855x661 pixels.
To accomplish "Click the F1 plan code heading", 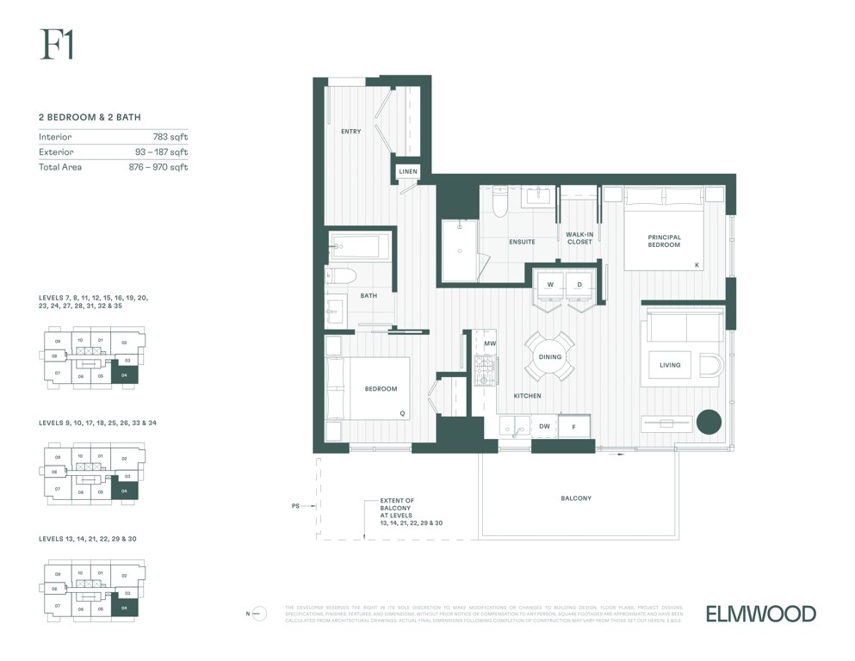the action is point(56,45).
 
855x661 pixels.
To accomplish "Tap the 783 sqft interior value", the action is point(170,137).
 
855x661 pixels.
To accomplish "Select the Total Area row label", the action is point(60,167).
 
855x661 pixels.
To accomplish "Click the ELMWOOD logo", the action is point(760,614).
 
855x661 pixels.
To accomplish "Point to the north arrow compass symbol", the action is point(259,614).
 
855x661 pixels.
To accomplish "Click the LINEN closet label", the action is point(408,171).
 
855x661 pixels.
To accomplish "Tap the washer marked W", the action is point(550,285).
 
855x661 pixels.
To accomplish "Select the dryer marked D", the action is point(579,285).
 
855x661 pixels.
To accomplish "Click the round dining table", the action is point(550,356).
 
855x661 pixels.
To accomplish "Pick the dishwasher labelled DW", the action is point(544,426).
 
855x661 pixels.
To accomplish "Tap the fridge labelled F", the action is point(573,427).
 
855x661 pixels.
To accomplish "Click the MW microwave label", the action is point(489,344).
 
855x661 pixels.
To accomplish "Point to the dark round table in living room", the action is point(709,422).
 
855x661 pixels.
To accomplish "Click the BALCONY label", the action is point(576,498).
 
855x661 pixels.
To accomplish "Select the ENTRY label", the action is point(350,132).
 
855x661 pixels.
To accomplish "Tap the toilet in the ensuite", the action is point(500,201).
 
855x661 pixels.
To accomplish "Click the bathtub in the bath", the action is point(359,246).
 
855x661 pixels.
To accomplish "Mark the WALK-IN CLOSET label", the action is point(579,238).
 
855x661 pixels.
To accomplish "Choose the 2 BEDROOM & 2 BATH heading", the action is point(90,117).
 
